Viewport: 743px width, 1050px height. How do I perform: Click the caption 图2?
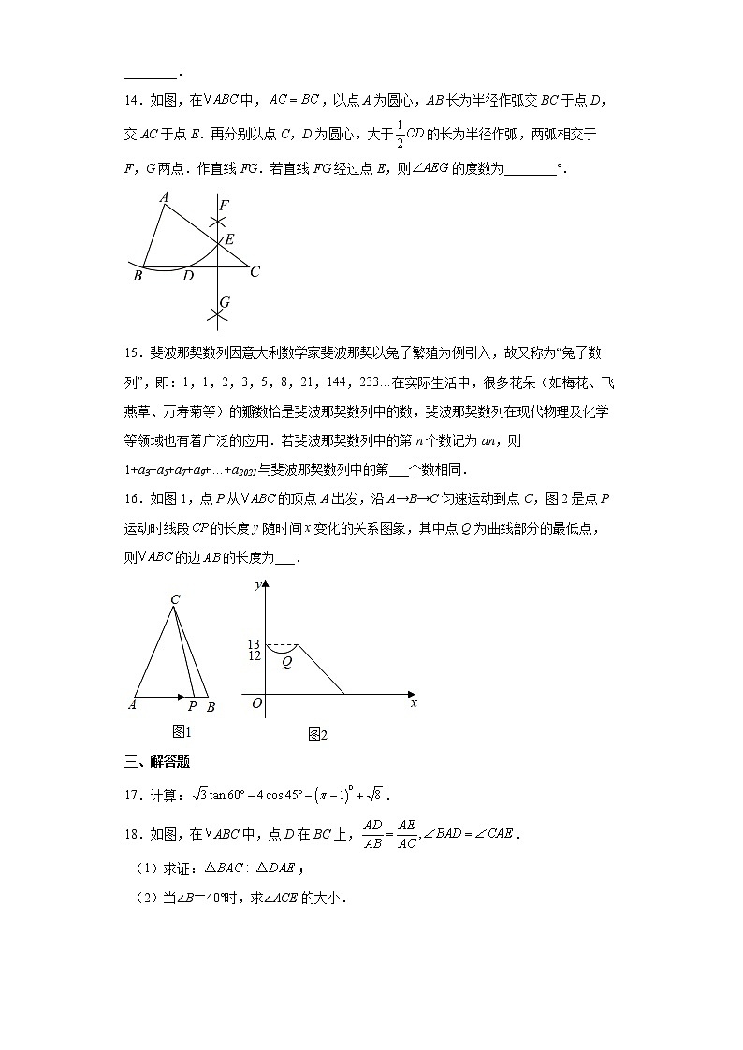(317, 735)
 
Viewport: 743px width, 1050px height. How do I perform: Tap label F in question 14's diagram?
(223, 204)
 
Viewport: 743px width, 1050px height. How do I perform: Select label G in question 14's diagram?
(225, 302)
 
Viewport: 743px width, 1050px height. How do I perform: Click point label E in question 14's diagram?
(229, 240)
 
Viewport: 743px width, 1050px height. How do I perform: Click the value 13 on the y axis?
(254, 644)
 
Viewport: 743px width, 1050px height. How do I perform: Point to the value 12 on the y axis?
(254, 656)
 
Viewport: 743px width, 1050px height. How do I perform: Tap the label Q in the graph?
(287, 662)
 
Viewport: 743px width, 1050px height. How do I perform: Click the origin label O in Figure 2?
(256, 703)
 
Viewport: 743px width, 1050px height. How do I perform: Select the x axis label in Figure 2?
(413, 703)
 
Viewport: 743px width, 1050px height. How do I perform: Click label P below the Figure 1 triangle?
(192, 708)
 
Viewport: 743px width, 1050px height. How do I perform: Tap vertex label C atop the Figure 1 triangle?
(175, 599)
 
